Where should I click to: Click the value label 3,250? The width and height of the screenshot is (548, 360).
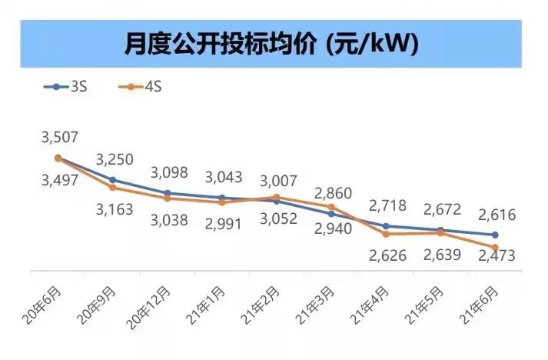115,159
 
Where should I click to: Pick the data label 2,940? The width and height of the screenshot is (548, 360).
332,228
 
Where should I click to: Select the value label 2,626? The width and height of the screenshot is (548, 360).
387,255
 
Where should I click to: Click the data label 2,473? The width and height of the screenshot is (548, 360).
495,255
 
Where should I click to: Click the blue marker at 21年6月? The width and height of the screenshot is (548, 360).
495,235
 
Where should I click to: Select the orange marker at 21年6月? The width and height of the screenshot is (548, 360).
495,247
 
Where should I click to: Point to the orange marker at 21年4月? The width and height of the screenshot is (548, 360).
386,234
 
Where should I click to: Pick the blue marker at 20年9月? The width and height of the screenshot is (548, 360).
113,180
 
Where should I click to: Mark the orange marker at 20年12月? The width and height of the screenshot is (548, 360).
168,198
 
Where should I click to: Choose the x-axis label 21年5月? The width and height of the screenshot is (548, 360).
423,304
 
